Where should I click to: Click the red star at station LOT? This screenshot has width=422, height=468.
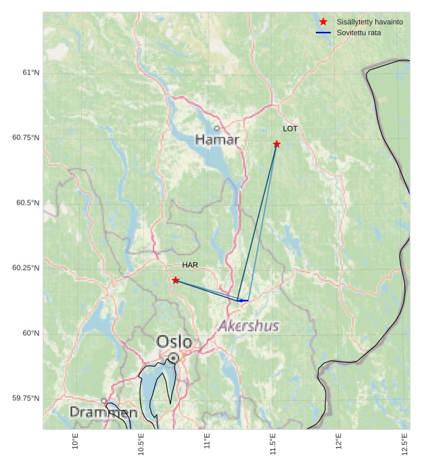277,144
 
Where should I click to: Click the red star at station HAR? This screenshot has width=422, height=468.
176,280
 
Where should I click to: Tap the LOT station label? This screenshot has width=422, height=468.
290,129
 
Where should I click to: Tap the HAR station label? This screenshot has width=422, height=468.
189,265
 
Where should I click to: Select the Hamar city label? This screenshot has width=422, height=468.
217,140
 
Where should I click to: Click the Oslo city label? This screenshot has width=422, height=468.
174,341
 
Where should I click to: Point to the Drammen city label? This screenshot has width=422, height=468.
103,412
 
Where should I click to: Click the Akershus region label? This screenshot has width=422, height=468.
249,326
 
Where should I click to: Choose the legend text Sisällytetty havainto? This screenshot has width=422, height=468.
370,22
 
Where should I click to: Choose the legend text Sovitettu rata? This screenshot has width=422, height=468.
359,33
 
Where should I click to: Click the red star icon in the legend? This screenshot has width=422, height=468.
323,22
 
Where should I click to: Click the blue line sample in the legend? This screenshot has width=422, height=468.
323,33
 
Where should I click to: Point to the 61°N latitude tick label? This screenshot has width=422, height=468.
31,72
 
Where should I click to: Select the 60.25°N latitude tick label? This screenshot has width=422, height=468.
26,268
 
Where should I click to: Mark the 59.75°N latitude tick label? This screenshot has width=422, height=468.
26,398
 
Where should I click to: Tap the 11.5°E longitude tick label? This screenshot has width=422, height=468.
273,444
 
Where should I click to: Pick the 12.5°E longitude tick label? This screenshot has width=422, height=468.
405,444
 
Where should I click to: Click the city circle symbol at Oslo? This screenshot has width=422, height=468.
174,358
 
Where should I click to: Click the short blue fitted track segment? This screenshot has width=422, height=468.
243,300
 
